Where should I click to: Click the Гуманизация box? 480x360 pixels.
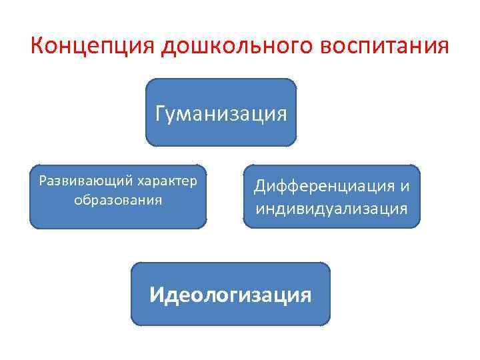tap(221, 133)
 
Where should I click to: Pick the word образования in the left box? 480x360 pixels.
tap(119, 200)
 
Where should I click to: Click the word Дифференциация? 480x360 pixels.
tap(324, 187)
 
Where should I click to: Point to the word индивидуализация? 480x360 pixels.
tap(331, 209)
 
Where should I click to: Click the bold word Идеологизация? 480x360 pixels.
tap(230, 294)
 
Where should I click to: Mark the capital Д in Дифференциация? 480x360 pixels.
tap(259, 187)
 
